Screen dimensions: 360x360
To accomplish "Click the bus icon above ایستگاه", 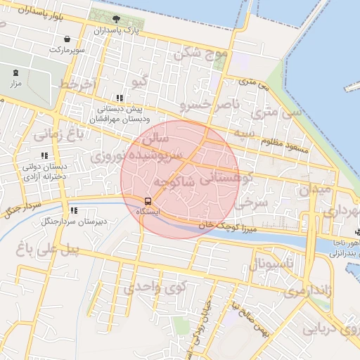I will pos(147,200).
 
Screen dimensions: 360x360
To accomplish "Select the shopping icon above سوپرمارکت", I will pos(66,39).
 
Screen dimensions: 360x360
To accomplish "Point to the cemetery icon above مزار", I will pos(16,72).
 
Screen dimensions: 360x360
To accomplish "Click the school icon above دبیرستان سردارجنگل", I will pos(73,210).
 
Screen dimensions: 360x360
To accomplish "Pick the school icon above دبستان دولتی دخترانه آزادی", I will pos(44,155).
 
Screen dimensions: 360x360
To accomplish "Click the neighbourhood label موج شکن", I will pos(202,52).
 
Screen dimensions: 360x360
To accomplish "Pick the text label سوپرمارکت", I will pos(66,51).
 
